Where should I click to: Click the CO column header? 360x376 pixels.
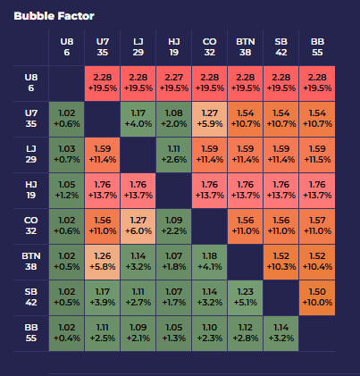(210, 46)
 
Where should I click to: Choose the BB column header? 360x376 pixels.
(317, 46)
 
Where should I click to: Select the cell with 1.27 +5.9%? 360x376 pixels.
(210, 119)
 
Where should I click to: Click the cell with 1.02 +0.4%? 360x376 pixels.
(66, 333)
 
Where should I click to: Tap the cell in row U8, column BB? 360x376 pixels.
(317, 82)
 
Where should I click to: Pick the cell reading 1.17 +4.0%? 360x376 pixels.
(138, 119)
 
